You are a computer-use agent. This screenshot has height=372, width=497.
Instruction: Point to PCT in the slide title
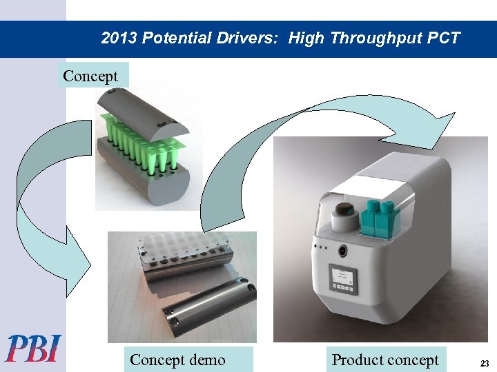click(443, 38)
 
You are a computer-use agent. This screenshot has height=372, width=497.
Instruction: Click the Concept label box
click(90, 76)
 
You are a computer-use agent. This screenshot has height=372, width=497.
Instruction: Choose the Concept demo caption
click(177, 360)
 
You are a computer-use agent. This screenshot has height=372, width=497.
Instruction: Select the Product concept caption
click(385, 360)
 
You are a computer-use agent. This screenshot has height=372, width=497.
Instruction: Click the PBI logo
click(32, 348)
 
